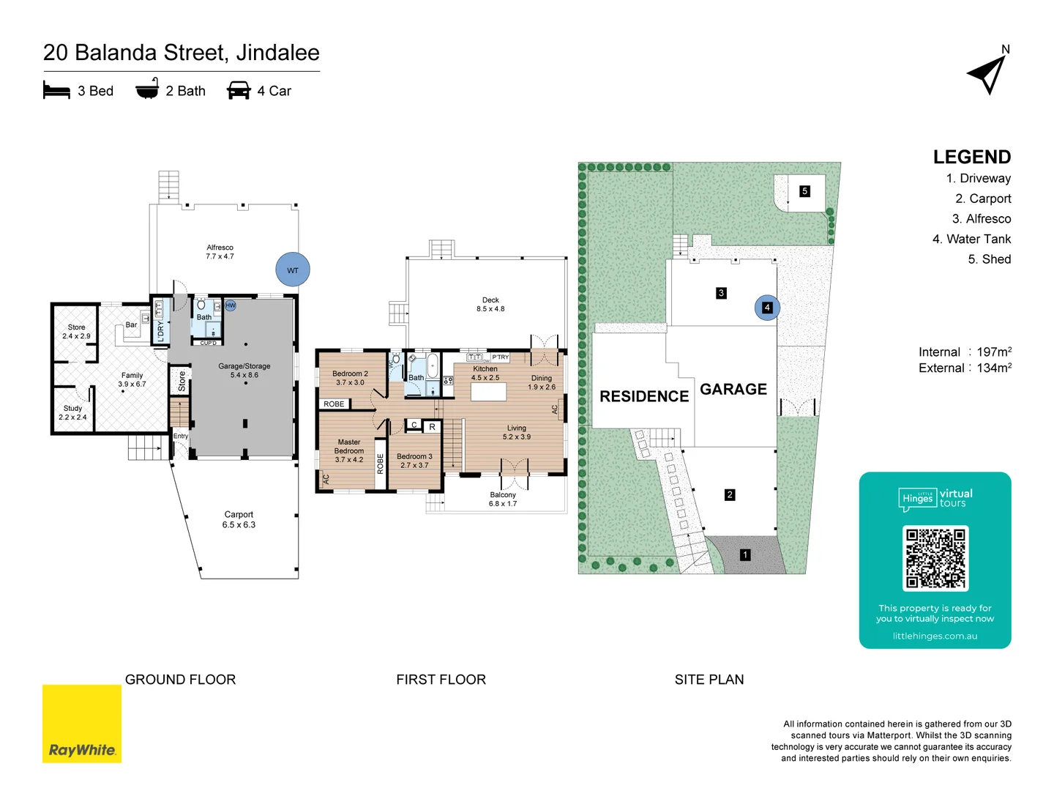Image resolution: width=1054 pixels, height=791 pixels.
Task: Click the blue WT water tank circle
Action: tap(293, 270)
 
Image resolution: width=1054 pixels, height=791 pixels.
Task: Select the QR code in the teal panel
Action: tap(935, 558)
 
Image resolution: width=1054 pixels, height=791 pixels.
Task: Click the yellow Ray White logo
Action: tap(82, 724)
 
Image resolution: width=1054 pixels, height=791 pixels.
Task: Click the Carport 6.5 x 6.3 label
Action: tap(239, 519)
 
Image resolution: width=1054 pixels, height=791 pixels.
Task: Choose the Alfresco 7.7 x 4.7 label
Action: tap(220, 252)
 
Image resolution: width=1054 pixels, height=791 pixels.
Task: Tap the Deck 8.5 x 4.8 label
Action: tap(490, 304)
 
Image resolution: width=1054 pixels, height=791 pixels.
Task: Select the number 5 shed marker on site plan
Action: tap(804, 191)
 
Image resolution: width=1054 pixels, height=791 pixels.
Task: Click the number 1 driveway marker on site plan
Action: tap(745, 555)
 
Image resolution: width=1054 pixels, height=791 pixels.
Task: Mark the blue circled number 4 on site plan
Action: tap(767, 308)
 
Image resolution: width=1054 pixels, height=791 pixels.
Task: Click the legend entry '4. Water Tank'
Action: tap(971, 239)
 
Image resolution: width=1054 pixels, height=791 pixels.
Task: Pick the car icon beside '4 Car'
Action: tap(239, 90)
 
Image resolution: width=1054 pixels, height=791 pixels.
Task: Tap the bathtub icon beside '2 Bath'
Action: tap(147, 89)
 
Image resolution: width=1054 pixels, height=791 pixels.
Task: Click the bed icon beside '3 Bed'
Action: tap(56, 90)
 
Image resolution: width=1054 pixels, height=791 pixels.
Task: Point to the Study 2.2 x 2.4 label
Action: tap(72, 413)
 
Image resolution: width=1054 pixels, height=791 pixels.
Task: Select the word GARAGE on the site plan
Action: tap(733, 390)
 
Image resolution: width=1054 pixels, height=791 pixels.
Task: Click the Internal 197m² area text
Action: tap(965, 352)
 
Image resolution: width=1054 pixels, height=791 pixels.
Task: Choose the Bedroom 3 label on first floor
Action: tap(414, 461)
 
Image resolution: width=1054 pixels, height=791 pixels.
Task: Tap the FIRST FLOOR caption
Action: tap(441, 680)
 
